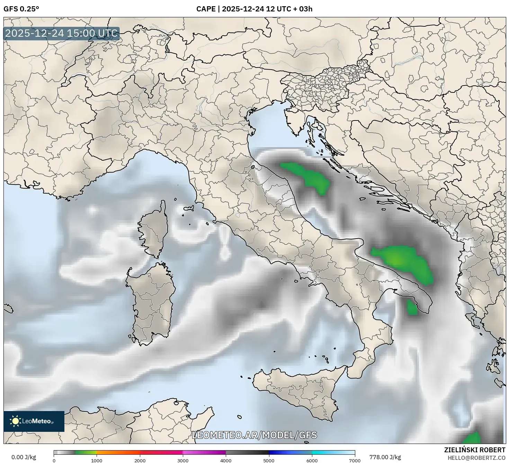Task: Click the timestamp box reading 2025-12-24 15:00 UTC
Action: [62, 34]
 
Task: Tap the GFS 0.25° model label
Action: [21, 9]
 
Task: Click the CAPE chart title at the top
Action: [254, 9]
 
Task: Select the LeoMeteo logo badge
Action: [34, 421]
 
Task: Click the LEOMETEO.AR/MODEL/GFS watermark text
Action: [254, 435]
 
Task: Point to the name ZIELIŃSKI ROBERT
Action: [475, 450]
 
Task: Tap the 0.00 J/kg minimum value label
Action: [24, 457]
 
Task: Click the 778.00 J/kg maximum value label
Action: [385, 457]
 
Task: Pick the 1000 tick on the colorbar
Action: [97, 461]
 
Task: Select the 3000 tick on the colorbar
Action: [183, 461]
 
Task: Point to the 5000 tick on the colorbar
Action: [269, 461]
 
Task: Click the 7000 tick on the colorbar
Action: [355, 461]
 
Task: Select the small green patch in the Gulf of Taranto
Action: [412, 308]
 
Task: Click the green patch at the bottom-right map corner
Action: [472, 438]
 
